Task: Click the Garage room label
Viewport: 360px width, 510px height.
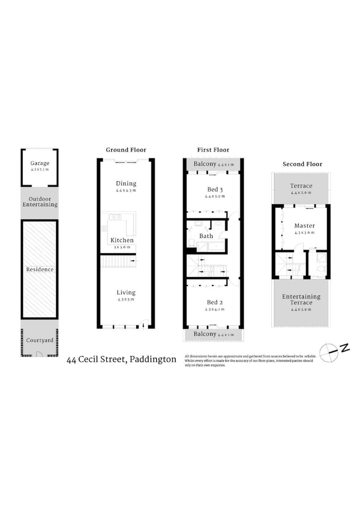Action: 39,163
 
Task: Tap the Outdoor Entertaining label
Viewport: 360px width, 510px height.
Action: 39,201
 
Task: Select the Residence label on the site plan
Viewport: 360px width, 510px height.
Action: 40,269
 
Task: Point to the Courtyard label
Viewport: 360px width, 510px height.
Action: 40,340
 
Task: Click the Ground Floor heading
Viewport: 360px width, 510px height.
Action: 126,150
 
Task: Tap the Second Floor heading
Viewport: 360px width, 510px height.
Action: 302,164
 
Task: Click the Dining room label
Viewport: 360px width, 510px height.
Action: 126,183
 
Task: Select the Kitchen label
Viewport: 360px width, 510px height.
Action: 122,240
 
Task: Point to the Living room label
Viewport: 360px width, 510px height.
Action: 126,292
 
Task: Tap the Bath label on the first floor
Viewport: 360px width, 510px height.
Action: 206,236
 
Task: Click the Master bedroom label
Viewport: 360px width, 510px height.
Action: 304,226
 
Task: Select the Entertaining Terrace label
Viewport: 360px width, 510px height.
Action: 301,300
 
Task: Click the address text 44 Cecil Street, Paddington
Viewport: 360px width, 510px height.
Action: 121,360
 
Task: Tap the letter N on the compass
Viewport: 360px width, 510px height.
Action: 345,348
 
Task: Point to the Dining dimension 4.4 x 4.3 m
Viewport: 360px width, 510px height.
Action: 126,190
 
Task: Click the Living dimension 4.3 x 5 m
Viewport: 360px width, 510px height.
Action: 126,299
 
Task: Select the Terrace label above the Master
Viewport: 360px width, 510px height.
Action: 301,186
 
